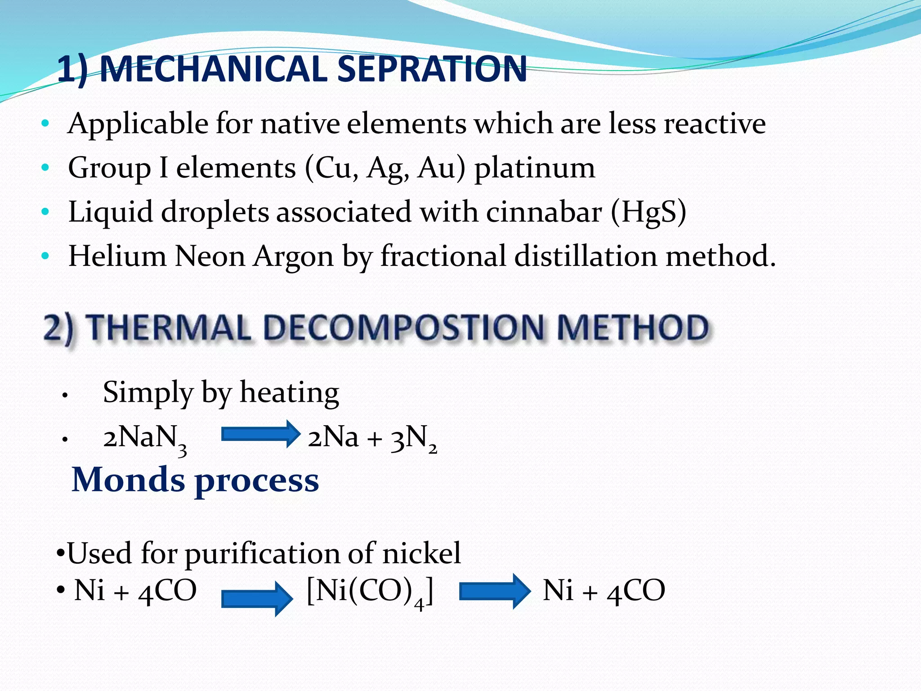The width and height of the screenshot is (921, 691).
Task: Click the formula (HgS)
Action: click(648, 211)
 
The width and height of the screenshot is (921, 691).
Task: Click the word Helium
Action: click(117, 256)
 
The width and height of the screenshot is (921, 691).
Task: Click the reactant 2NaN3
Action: click(144, 438)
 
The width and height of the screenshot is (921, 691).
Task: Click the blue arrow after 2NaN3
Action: click(260, 434)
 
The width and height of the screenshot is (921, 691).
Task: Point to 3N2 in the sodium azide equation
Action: click(413, 438)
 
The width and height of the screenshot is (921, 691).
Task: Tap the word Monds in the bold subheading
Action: click(128, 480)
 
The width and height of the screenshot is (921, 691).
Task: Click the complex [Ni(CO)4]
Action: click(370, 591)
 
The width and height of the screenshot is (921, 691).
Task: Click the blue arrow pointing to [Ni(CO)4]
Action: click(257, 599)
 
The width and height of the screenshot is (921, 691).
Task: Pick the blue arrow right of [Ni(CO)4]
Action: click(495, 591)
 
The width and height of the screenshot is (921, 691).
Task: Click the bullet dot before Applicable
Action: click(45, 123)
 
